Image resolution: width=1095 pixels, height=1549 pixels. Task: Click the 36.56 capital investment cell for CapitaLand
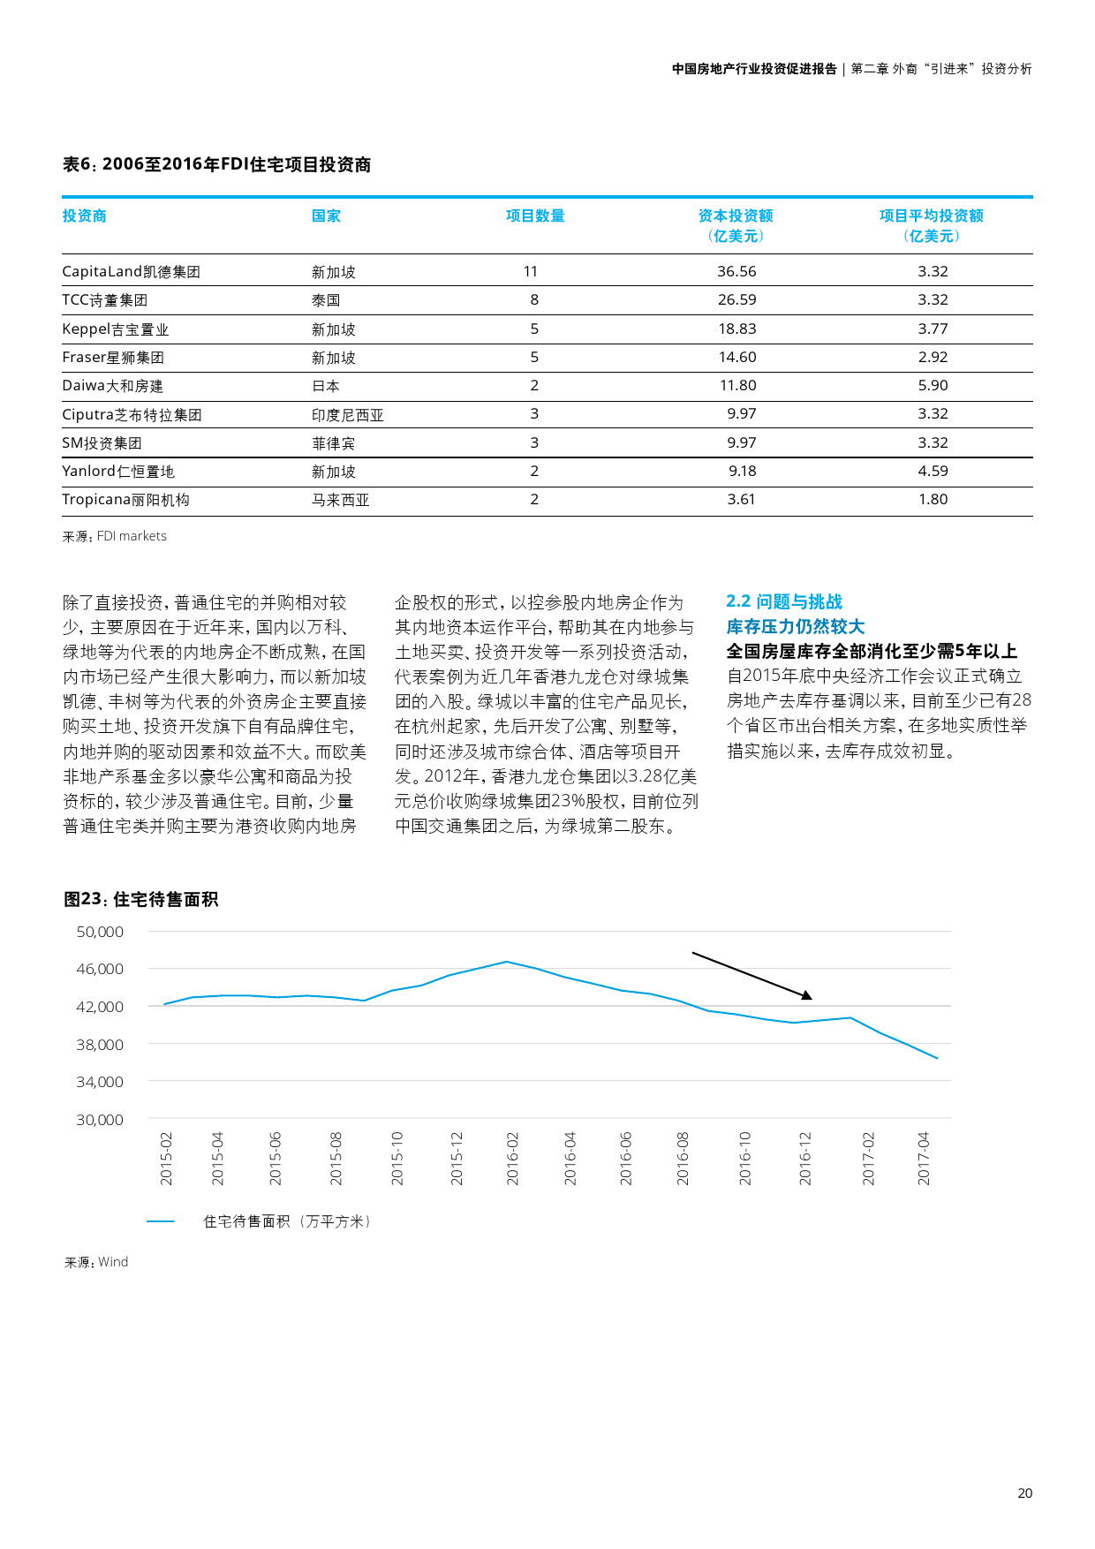pyautogui.click(x=736, y=271)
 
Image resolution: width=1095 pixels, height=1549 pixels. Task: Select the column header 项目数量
pyautogui.click(x=535, y=216)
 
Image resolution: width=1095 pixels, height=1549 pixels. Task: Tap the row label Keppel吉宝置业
pyautogui.click(x=115, y=329)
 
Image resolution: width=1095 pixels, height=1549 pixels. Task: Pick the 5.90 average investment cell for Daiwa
pyautogui.click(x=933, y=386)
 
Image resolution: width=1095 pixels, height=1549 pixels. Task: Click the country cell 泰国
pyautogui.click(x=326, y=300)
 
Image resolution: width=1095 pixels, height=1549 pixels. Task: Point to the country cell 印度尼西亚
pyautogui.click(x=347, y=415)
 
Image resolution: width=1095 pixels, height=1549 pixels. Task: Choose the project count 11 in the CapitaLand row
pyautogui.click(x=531, y=271)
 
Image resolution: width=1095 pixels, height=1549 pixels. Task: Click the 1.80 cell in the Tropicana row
pyautogui.click(x=933, y=500)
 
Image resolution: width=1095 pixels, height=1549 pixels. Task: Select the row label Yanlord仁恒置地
pyautogui.click(x=118, y=472)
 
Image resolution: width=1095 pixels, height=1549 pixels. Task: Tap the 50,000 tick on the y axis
pyautogui.click(x=100, y=932)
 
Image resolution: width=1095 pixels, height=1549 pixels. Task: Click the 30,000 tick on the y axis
pyautogui.click(x=100, y=1120)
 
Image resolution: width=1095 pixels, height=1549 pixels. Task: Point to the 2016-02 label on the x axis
pyautogui.click(x=513, y=1158)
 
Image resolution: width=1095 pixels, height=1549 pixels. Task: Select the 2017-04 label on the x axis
pyautogui.click(x=924, y=1158)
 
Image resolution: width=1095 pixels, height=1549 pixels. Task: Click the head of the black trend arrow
pyautogui.click(x=807, y=996)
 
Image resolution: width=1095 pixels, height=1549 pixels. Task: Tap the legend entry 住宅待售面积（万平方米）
pyautogui.click(x=287, y=1221)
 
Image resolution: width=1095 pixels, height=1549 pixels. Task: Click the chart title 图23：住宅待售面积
pyautogui.click(x=141, y=899)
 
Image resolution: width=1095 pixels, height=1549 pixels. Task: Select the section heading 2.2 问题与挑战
pyautogui.click(x=784, y=601)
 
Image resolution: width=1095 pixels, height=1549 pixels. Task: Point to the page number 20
pyautogui.click(x=1024, y=1493)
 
